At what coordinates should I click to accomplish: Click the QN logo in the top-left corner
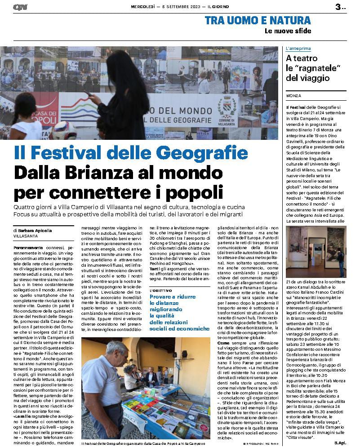20,7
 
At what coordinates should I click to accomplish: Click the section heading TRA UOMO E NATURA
258,20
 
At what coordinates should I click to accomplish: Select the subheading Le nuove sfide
287,31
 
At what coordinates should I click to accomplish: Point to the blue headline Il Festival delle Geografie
131,153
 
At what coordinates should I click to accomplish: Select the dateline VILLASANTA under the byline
26,236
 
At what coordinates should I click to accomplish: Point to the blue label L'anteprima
298,48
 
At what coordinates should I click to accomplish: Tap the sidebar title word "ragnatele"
316,68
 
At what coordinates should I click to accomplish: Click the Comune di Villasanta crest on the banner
227,105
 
